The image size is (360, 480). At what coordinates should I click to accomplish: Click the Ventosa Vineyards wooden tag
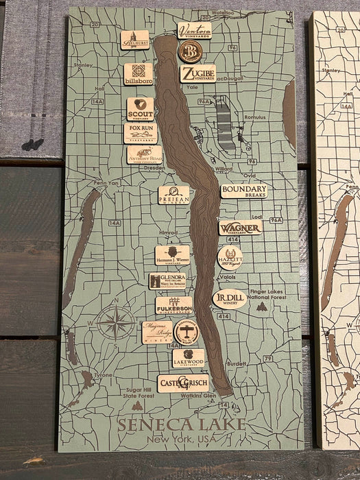tap(195, 30)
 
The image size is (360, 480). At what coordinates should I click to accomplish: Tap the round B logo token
tap(190, 51)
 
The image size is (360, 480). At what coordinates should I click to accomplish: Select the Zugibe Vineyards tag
tap(197, 73)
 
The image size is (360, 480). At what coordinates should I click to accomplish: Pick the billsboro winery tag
tap(139, 74)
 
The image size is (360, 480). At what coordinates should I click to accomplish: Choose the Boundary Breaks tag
tap(243, 191)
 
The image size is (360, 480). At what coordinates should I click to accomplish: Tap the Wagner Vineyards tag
tap(240, 228)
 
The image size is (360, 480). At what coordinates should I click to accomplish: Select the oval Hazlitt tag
tap(230, 257)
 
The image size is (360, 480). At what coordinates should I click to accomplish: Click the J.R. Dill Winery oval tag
tap(229, 298)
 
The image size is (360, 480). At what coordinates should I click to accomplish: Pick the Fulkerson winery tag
tap(173, 306)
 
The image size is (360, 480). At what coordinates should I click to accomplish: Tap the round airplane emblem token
tap(187, 331)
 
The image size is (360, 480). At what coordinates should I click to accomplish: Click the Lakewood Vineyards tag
tap(189, 358)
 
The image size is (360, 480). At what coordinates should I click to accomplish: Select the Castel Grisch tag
tap(182, 383)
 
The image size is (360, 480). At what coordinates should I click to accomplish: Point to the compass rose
tap(115, 322)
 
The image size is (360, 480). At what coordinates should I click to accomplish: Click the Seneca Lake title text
tap(181, 424)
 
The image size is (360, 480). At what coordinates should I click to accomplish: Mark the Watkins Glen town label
tap(200, 396)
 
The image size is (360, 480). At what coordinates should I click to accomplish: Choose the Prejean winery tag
tap(173, 195)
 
